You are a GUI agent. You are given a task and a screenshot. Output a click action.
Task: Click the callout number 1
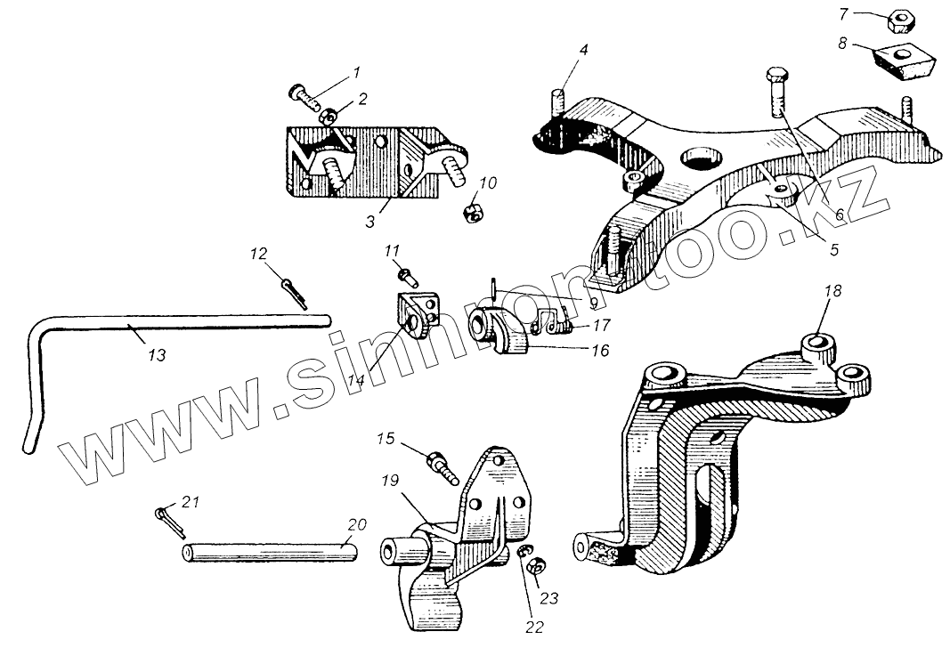[x=357, y=71]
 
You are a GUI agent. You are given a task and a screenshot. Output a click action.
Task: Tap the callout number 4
[x=583, y=49]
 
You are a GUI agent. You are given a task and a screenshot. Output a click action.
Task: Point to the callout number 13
[x=156, y=354]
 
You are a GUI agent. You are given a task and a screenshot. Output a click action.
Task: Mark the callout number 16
[x=600, y=351]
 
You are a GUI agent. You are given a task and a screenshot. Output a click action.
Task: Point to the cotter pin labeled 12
[x=296, y=291]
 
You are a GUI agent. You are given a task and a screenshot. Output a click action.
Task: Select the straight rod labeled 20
[x=272, y=551]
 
